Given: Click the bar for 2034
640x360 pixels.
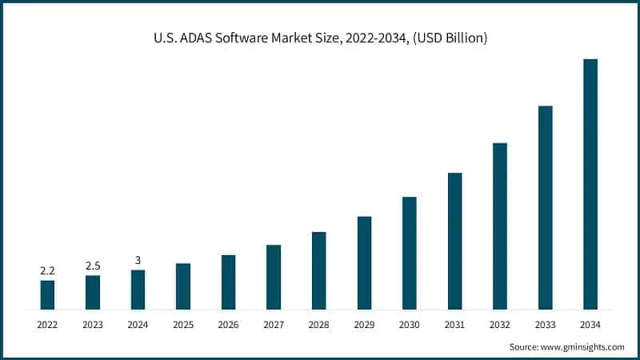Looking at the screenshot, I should (x=590, y=184).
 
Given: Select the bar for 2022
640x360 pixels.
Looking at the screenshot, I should (x=47, y=294).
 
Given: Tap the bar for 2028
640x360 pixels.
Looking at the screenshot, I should (x=318, y=270).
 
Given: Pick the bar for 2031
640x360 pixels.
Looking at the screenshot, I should (x=454, y=241).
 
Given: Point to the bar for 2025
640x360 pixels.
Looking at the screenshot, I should (x=183, y=286).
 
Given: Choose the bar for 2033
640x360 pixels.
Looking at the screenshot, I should (x=545, y=207).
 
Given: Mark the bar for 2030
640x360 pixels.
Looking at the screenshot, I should (x=409, y=253).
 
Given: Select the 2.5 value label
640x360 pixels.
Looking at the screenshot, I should (x=93, y=266).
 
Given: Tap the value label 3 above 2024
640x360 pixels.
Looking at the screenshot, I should (x=138, y=260).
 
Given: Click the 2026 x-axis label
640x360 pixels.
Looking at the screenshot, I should (x=228, y=324).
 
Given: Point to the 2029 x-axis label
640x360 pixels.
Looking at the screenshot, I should (x=364, y=324).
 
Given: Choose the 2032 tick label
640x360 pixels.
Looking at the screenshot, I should (x=500, y=324).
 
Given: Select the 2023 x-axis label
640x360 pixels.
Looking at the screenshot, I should (x=93, y=324).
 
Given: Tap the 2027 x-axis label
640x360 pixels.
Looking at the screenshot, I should (x=274, y=324).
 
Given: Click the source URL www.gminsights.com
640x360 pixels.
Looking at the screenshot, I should (x=582, y=346).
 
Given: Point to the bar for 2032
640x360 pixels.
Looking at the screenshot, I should (x=500, y=226).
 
